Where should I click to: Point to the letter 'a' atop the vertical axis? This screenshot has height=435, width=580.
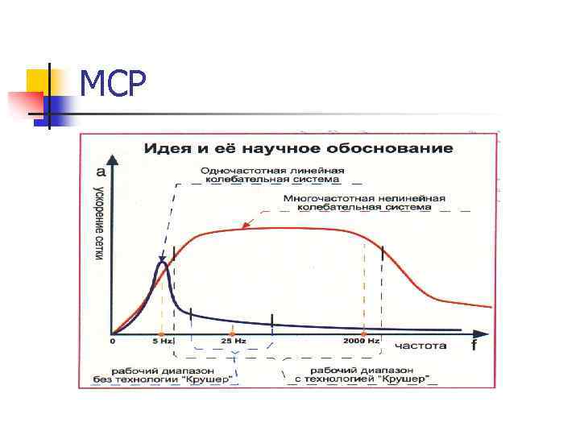coord(101,171)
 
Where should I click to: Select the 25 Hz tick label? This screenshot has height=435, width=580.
coord(233,342)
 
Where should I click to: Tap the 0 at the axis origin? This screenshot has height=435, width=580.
coord(113,342)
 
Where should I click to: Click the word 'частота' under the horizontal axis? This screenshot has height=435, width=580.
coord(420,346)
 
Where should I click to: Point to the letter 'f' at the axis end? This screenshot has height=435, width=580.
coord(474,346)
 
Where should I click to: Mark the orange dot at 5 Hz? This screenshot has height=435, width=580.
coord(162,333)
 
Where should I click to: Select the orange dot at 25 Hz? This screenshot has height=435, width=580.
coord(233,333)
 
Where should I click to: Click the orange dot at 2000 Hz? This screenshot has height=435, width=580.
coord(363,333)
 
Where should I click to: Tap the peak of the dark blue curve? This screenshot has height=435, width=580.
coord(163,262)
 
